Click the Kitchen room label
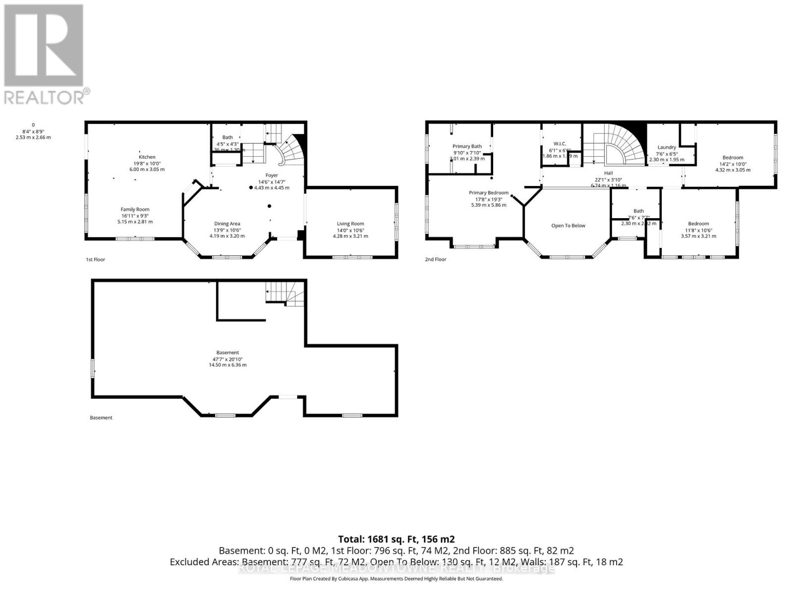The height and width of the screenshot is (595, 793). (147, 157)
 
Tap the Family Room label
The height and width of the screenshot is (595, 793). (135, 210)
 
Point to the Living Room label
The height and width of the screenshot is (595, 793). (350, 224)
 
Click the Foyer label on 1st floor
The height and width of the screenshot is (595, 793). (272, 176)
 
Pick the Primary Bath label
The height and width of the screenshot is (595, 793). (467, 146)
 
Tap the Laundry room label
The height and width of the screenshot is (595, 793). (667, 147)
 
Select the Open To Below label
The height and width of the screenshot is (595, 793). (568, 226)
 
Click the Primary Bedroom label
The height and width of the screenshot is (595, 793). (489, 193)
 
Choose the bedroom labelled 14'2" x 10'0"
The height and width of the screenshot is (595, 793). (733, 158)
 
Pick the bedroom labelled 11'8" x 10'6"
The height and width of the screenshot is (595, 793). (698, 224)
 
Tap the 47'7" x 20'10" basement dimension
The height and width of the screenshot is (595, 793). (227, 359)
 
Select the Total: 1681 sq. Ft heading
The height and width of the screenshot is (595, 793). (396, 539)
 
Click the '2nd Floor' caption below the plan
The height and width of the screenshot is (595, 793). (435, 259)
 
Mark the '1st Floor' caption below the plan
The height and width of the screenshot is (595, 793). (95, 259)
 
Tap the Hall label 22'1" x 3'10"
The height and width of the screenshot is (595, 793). (608, 173)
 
